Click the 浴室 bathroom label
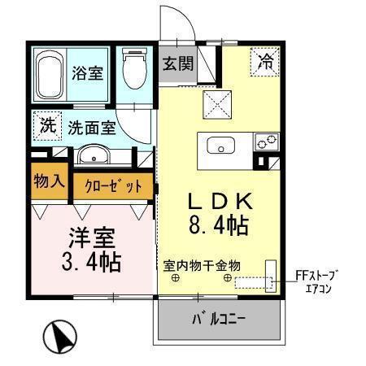pos(87,73)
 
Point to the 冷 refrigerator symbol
pos(266,59)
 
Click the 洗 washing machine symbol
pos(48,127)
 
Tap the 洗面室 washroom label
pos(91,128)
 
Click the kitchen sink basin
pos(220,146)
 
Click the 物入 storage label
pos(50,180)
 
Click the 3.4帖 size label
pos(91,262)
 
